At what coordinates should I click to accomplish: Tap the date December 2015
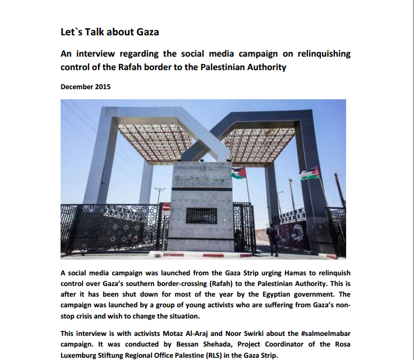pyautogui.click(x=86, y=87)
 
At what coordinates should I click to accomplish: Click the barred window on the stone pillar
pyautogui.click(x=201, y=215)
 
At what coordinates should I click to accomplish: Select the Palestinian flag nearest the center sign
pyautogui.click(x=239, y=173)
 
